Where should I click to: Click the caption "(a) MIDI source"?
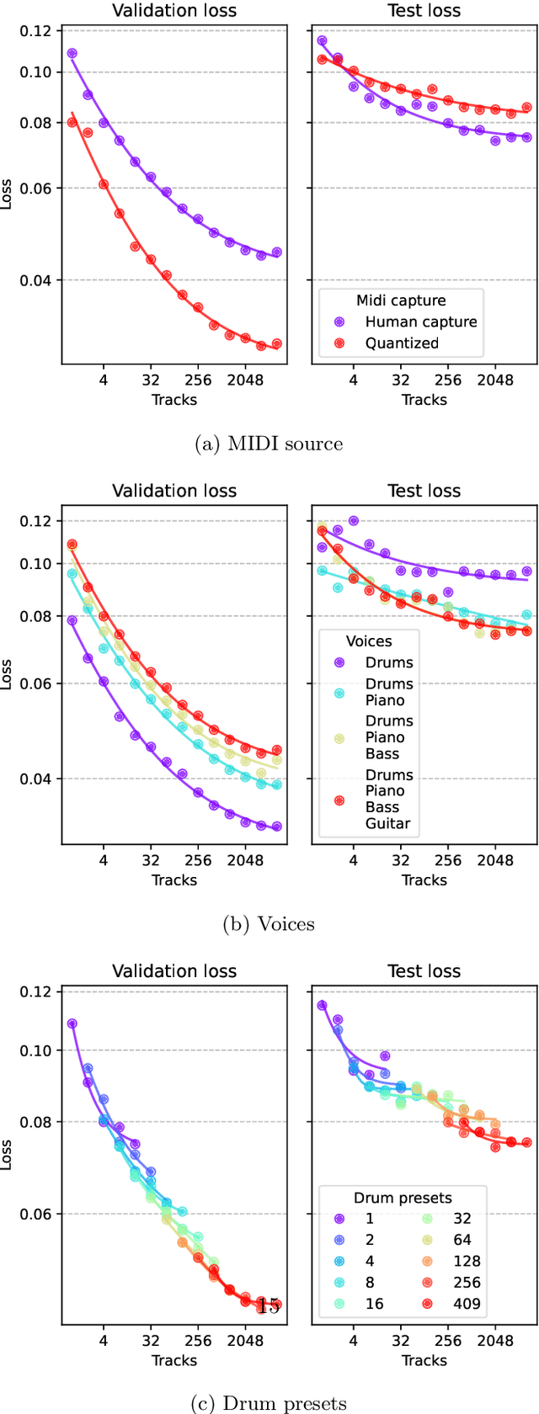pos(269,444)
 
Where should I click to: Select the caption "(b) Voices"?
pos(269,924)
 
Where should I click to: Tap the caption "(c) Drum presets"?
pos(269,1403)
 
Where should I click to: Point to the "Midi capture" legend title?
pos(401,300)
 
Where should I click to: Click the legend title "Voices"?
pos(369,641)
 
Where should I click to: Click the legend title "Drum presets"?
pos(403,1198)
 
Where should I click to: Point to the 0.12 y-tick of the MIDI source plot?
pos(36,31)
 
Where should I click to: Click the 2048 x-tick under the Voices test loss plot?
pos(495,860)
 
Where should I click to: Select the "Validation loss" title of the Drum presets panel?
pos(174,971)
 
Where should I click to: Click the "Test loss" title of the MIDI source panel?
pos(424,11)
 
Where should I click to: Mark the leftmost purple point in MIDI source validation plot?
pos(72,53)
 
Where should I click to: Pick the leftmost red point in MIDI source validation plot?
pos(72,123)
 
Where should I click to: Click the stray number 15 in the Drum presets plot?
pos(269,1305)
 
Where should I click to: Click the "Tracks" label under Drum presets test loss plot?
pos(424,1360)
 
